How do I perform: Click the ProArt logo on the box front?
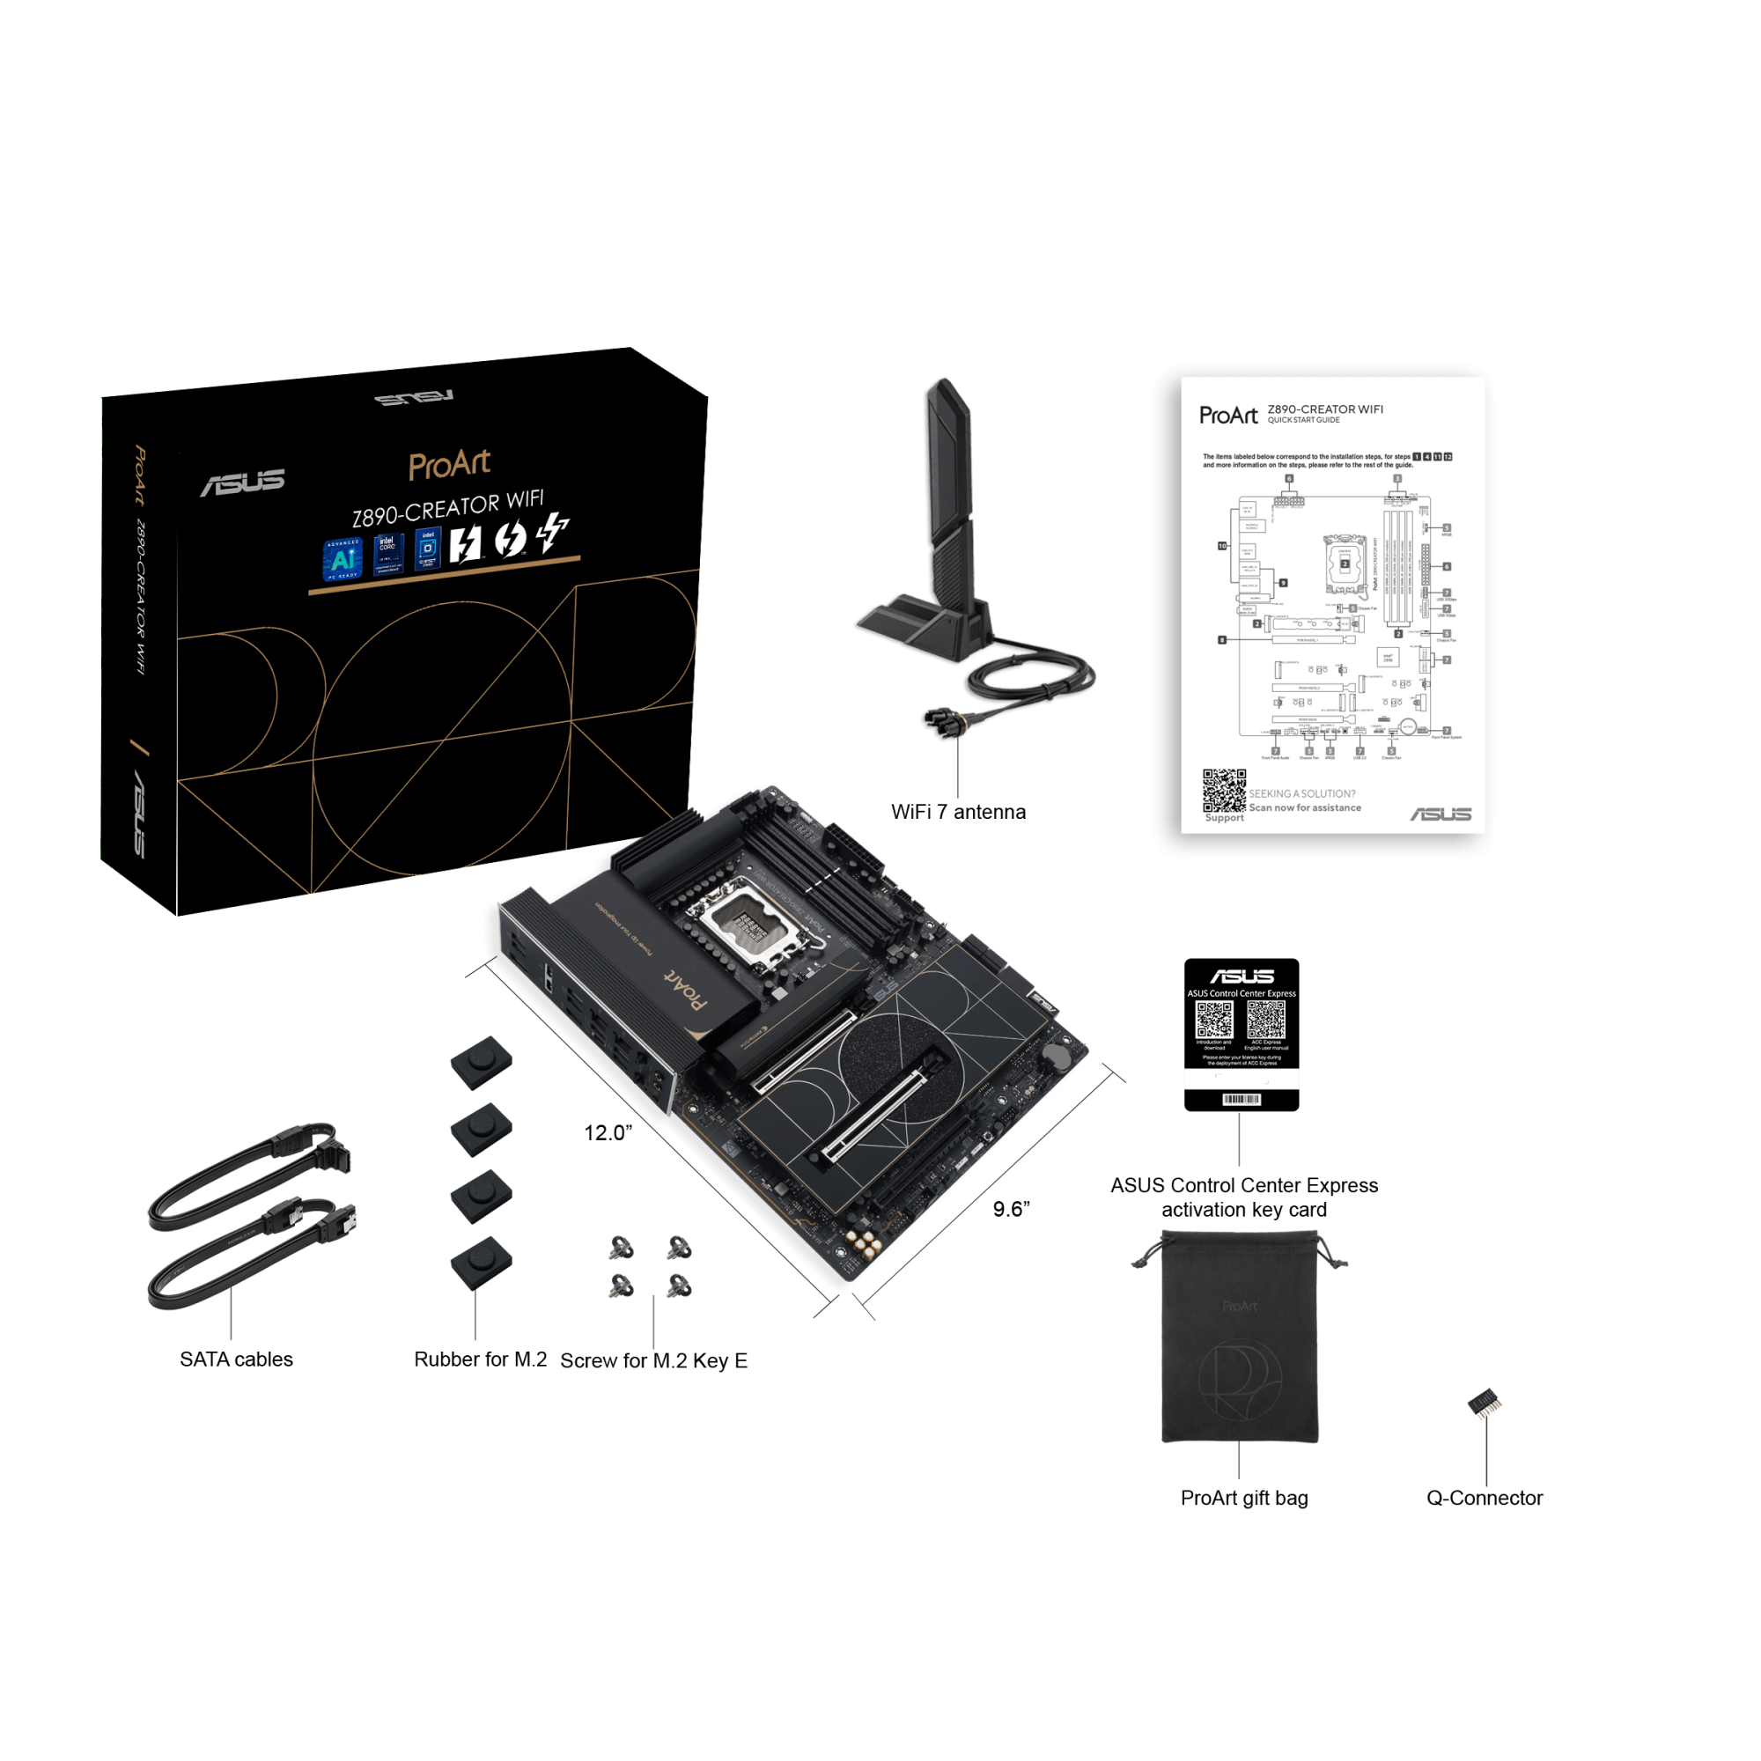coord(448,464)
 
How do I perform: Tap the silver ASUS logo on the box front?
coord(242,483)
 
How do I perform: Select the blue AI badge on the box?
coord(343,559)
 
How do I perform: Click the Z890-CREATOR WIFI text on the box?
coord(447,509)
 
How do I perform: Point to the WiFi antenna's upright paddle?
coord(951,492)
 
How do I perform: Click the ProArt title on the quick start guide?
coord(1227,416)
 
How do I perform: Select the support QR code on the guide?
coord(1223,789)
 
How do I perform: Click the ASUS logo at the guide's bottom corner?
coord(1441,814)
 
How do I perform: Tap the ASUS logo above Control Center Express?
coord(1242,976)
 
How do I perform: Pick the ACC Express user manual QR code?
coord(1266,1019)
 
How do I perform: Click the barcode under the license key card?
coord(1242,1099)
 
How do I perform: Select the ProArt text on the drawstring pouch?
coord(1240,1306)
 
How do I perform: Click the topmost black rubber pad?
coord(482,1062)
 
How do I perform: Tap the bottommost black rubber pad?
coord(482,1264)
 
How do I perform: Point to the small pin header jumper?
coord(1485,1403)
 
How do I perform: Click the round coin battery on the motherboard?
coord(1057,1057)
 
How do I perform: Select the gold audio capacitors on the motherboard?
coord(862,1243)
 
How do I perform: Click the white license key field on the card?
coord(1242,1079)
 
